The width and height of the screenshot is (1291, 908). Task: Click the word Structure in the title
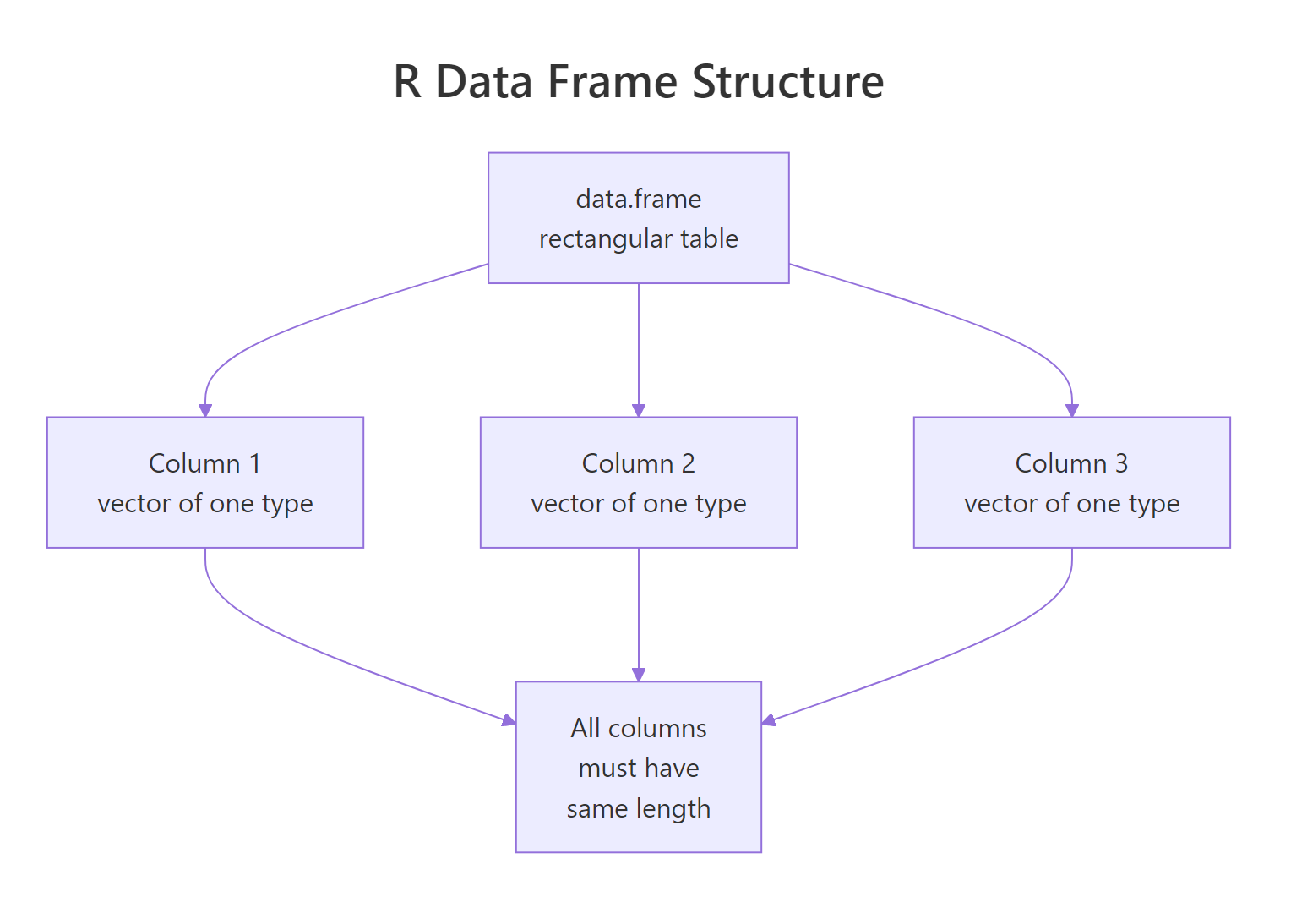[787, 82]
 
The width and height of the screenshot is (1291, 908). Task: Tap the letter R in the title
[407, 82]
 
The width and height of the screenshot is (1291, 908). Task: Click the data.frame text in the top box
[638, 199]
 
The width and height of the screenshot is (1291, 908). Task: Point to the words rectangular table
[638, 239]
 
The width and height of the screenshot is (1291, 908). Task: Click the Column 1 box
[204, 482]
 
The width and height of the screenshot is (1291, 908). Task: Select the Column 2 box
[638, 482]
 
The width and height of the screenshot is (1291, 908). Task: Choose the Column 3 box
[1071, 482]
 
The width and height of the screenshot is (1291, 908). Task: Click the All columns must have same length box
[638, 766]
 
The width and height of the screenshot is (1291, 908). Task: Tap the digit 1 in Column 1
[254, 463]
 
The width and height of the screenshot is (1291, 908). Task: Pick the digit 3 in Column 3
[1121, 463]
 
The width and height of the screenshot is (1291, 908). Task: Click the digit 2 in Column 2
[688, 463]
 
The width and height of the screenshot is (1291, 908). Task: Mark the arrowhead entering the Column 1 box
[205, 411]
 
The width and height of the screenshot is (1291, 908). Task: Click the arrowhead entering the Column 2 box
[639, 411]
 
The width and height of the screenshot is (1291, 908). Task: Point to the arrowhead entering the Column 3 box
[1072, 411]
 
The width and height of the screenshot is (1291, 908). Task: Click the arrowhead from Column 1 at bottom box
[509, 720]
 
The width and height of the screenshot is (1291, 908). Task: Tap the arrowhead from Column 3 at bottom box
[769, 720]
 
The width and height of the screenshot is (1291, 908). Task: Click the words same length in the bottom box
[638, 808]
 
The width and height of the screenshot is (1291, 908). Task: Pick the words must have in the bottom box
[638, 768]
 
